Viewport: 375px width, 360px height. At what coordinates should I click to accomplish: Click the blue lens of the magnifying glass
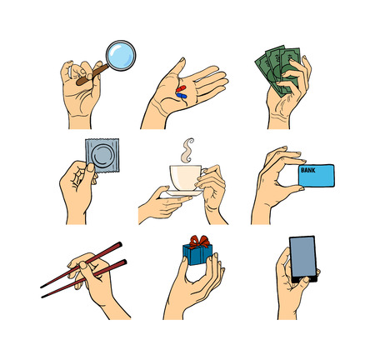click(x=121, y=56)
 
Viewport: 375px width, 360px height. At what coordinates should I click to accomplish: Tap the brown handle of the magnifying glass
click(x=92, y=74)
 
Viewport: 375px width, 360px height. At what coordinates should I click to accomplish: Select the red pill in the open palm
click(x=181, y=89)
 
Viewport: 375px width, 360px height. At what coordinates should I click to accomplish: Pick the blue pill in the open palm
click(x=182, y=96)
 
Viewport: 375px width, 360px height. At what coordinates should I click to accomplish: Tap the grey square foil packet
click(x=102, y=155)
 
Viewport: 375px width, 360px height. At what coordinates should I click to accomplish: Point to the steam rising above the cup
click(x=187, y=150)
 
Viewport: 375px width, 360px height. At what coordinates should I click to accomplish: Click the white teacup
click(x=186, y=177)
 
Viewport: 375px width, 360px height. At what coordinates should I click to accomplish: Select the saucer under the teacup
click(x=182, y=193)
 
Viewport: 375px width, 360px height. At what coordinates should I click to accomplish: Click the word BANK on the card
click(x=308, y=170)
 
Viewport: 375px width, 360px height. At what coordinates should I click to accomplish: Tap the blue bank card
click(x=317, y=175)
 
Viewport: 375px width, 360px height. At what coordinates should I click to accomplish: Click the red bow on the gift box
click(x=200, y=242)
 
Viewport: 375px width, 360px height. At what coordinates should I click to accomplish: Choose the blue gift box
click(x=197, y=254)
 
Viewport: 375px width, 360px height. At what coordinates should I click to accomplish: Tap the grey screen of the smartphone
click(x=303, y=257)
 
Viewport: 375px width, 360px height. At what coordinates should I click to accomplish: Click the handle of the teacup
click(x=204, y=172)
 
